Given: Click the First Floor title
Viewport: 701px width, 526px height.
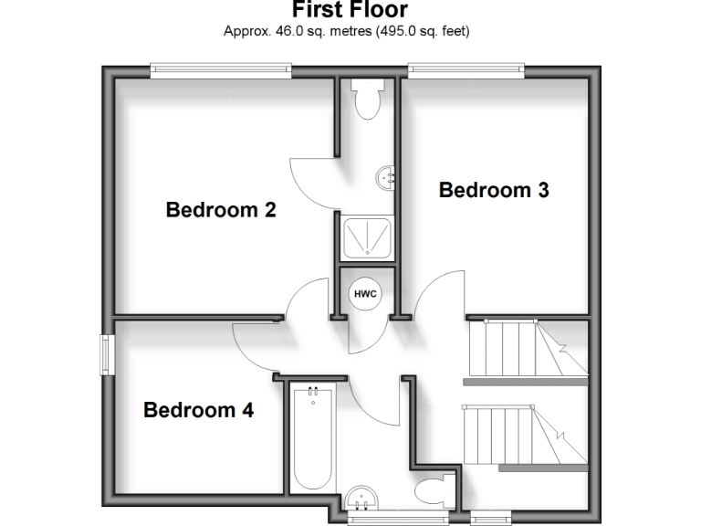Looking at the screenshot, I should [x=350, y=10].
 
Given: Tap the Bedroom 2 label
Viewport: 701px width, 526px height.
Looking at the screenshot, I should [x=221, y=210].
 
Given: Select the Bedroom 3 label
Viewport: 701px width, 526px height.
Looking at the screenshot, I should [x=494, y=191].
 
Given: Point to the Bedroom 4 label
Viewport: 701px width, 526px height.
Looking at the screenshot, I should [x=198, y=410].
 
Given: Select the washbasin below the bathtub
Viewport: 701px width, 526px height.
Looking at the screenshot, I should [x=363, y=499].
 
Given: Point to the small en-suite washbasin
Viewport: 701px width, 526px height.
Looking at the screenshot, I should [x=387, y=175].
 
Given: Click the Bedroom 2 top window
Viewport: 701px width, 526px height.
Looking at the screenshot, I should [x=221, y=68].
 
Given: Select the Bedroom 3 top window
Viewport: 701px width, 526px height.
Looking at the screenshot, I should [x=466, y=68].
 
